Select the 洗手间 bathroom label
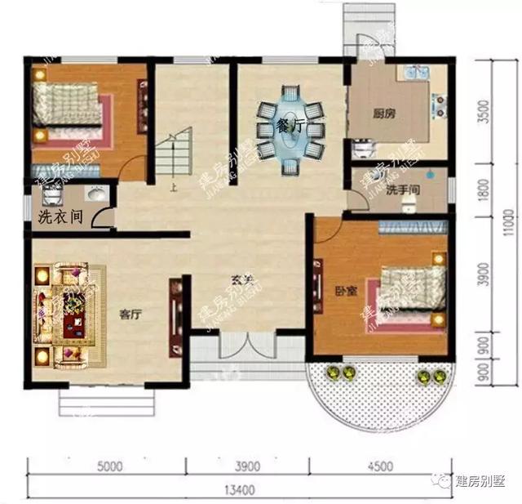coord(402,190)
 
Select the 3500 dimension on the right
coord(486,110)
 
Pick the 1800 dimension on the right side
coord(486,190)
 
